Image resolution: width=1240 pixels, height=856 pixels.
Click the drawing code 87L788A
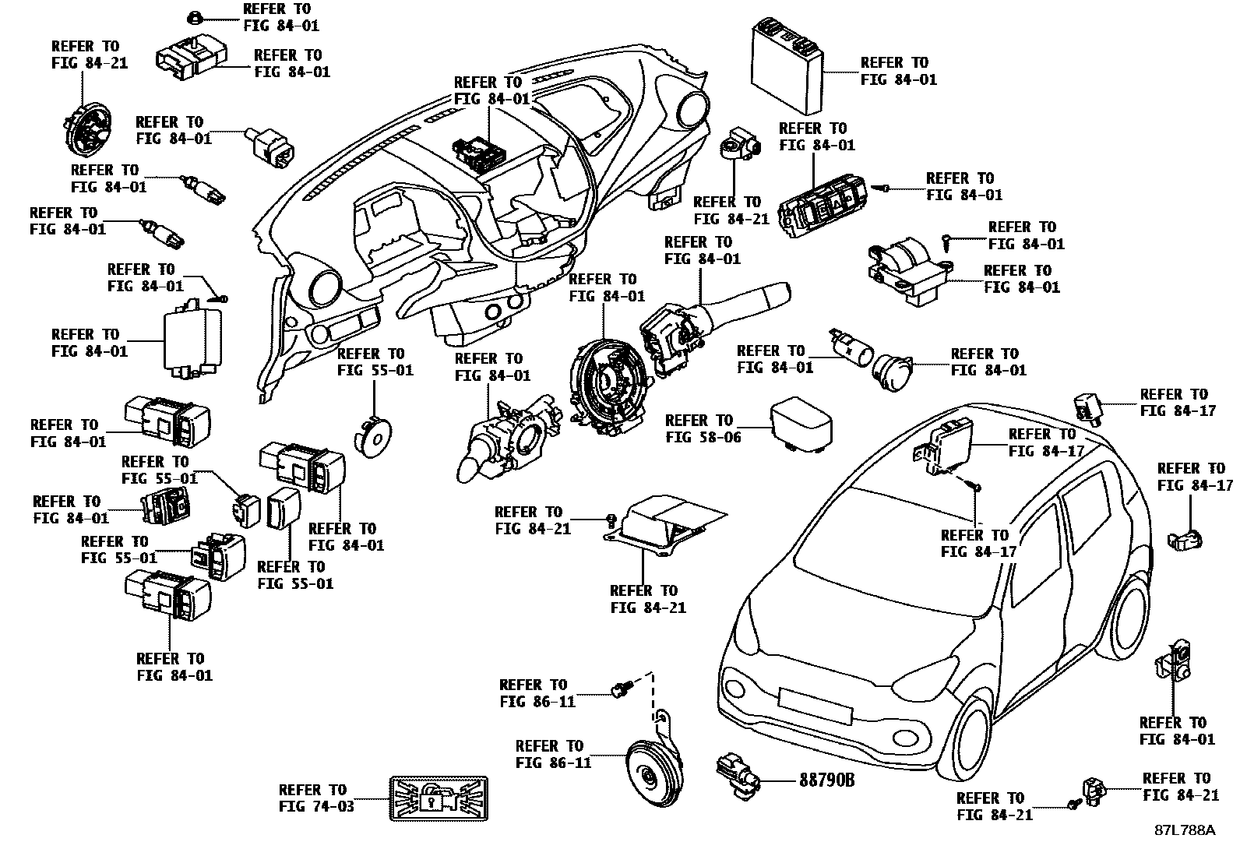click(x=1184, y=830)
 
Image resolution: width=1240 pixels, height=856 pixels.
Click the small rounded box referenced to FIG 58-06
click(x=799, y=425)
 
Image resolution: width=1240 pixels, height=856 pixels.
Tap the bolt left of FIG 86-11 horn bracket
click(x=621, y=689)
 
